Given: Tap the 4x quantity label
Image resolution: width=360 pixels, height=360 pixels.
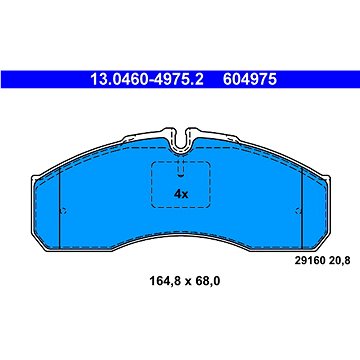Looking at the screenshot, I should pyautogui.click(x=181, y=192).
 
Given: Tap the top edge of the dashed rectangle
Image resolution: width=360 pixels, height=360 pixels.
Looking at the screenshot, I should pyautogui.click(x=181, y=163).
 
